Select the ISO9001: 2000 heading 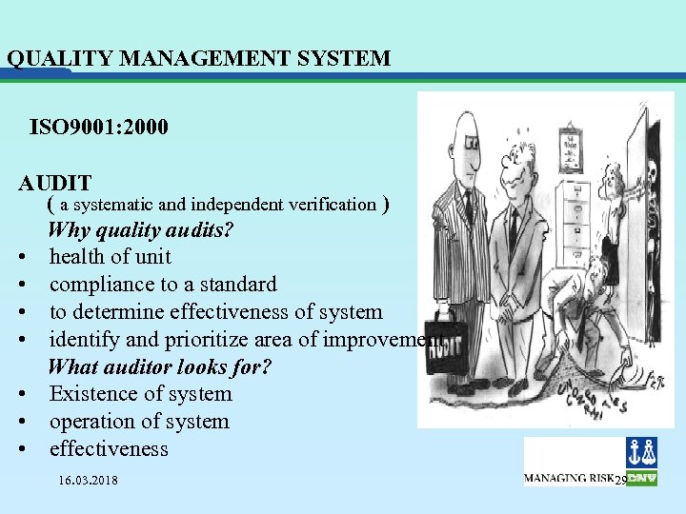tap(99, 127)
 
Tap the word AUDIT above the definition tap(55, 183)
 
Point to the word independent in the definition tap(233, 204)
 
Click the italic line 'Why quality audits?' tap(140, 229)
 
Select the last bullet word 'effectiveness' tap(109, 448)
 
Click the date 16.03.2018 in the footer tap(88, 481)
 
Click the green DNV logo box tap(641, 477)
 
